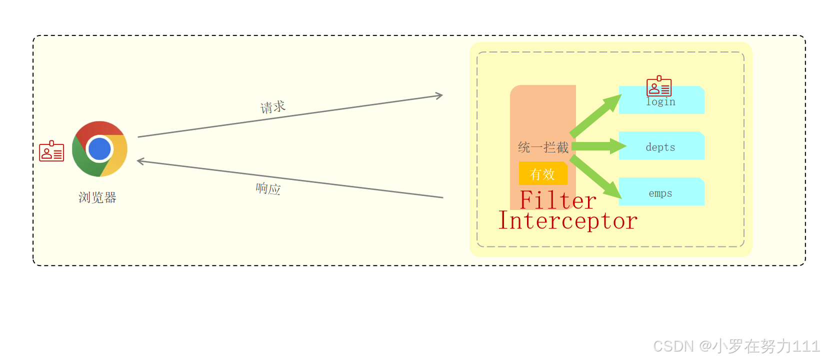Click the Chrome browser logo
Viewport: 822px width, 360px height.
(99, 148)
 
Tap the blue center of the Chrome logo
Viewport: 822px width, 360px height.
(99, 149)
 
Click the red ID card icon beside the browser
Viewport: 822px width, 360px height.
(51, 151)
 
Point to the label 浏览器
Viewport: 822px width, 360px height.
(97, 197)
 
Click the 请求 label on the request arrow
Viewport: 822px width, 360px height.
(273, 107)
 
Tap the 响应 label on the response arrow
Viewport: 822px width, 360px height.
(268, 188)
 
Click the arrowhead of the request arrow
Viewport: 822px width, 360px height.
(438, 95)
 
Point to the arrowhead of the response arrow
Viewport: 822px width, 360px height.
(141, 161)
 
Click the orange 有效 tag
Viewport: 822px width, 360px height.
(542, 173)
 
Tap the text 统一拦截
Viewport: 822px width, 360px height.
(543, 147)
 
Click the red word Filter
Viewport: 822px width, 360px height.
(557, 200)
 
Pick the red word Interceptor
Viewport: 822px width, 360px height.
(568, 220)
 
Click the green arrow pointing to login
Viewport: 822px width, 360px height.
(595, 115)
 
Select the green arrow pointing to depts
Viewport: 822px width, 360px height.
(598, 146)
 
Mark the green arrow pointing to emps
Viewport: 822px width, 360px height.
(595, 176)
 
